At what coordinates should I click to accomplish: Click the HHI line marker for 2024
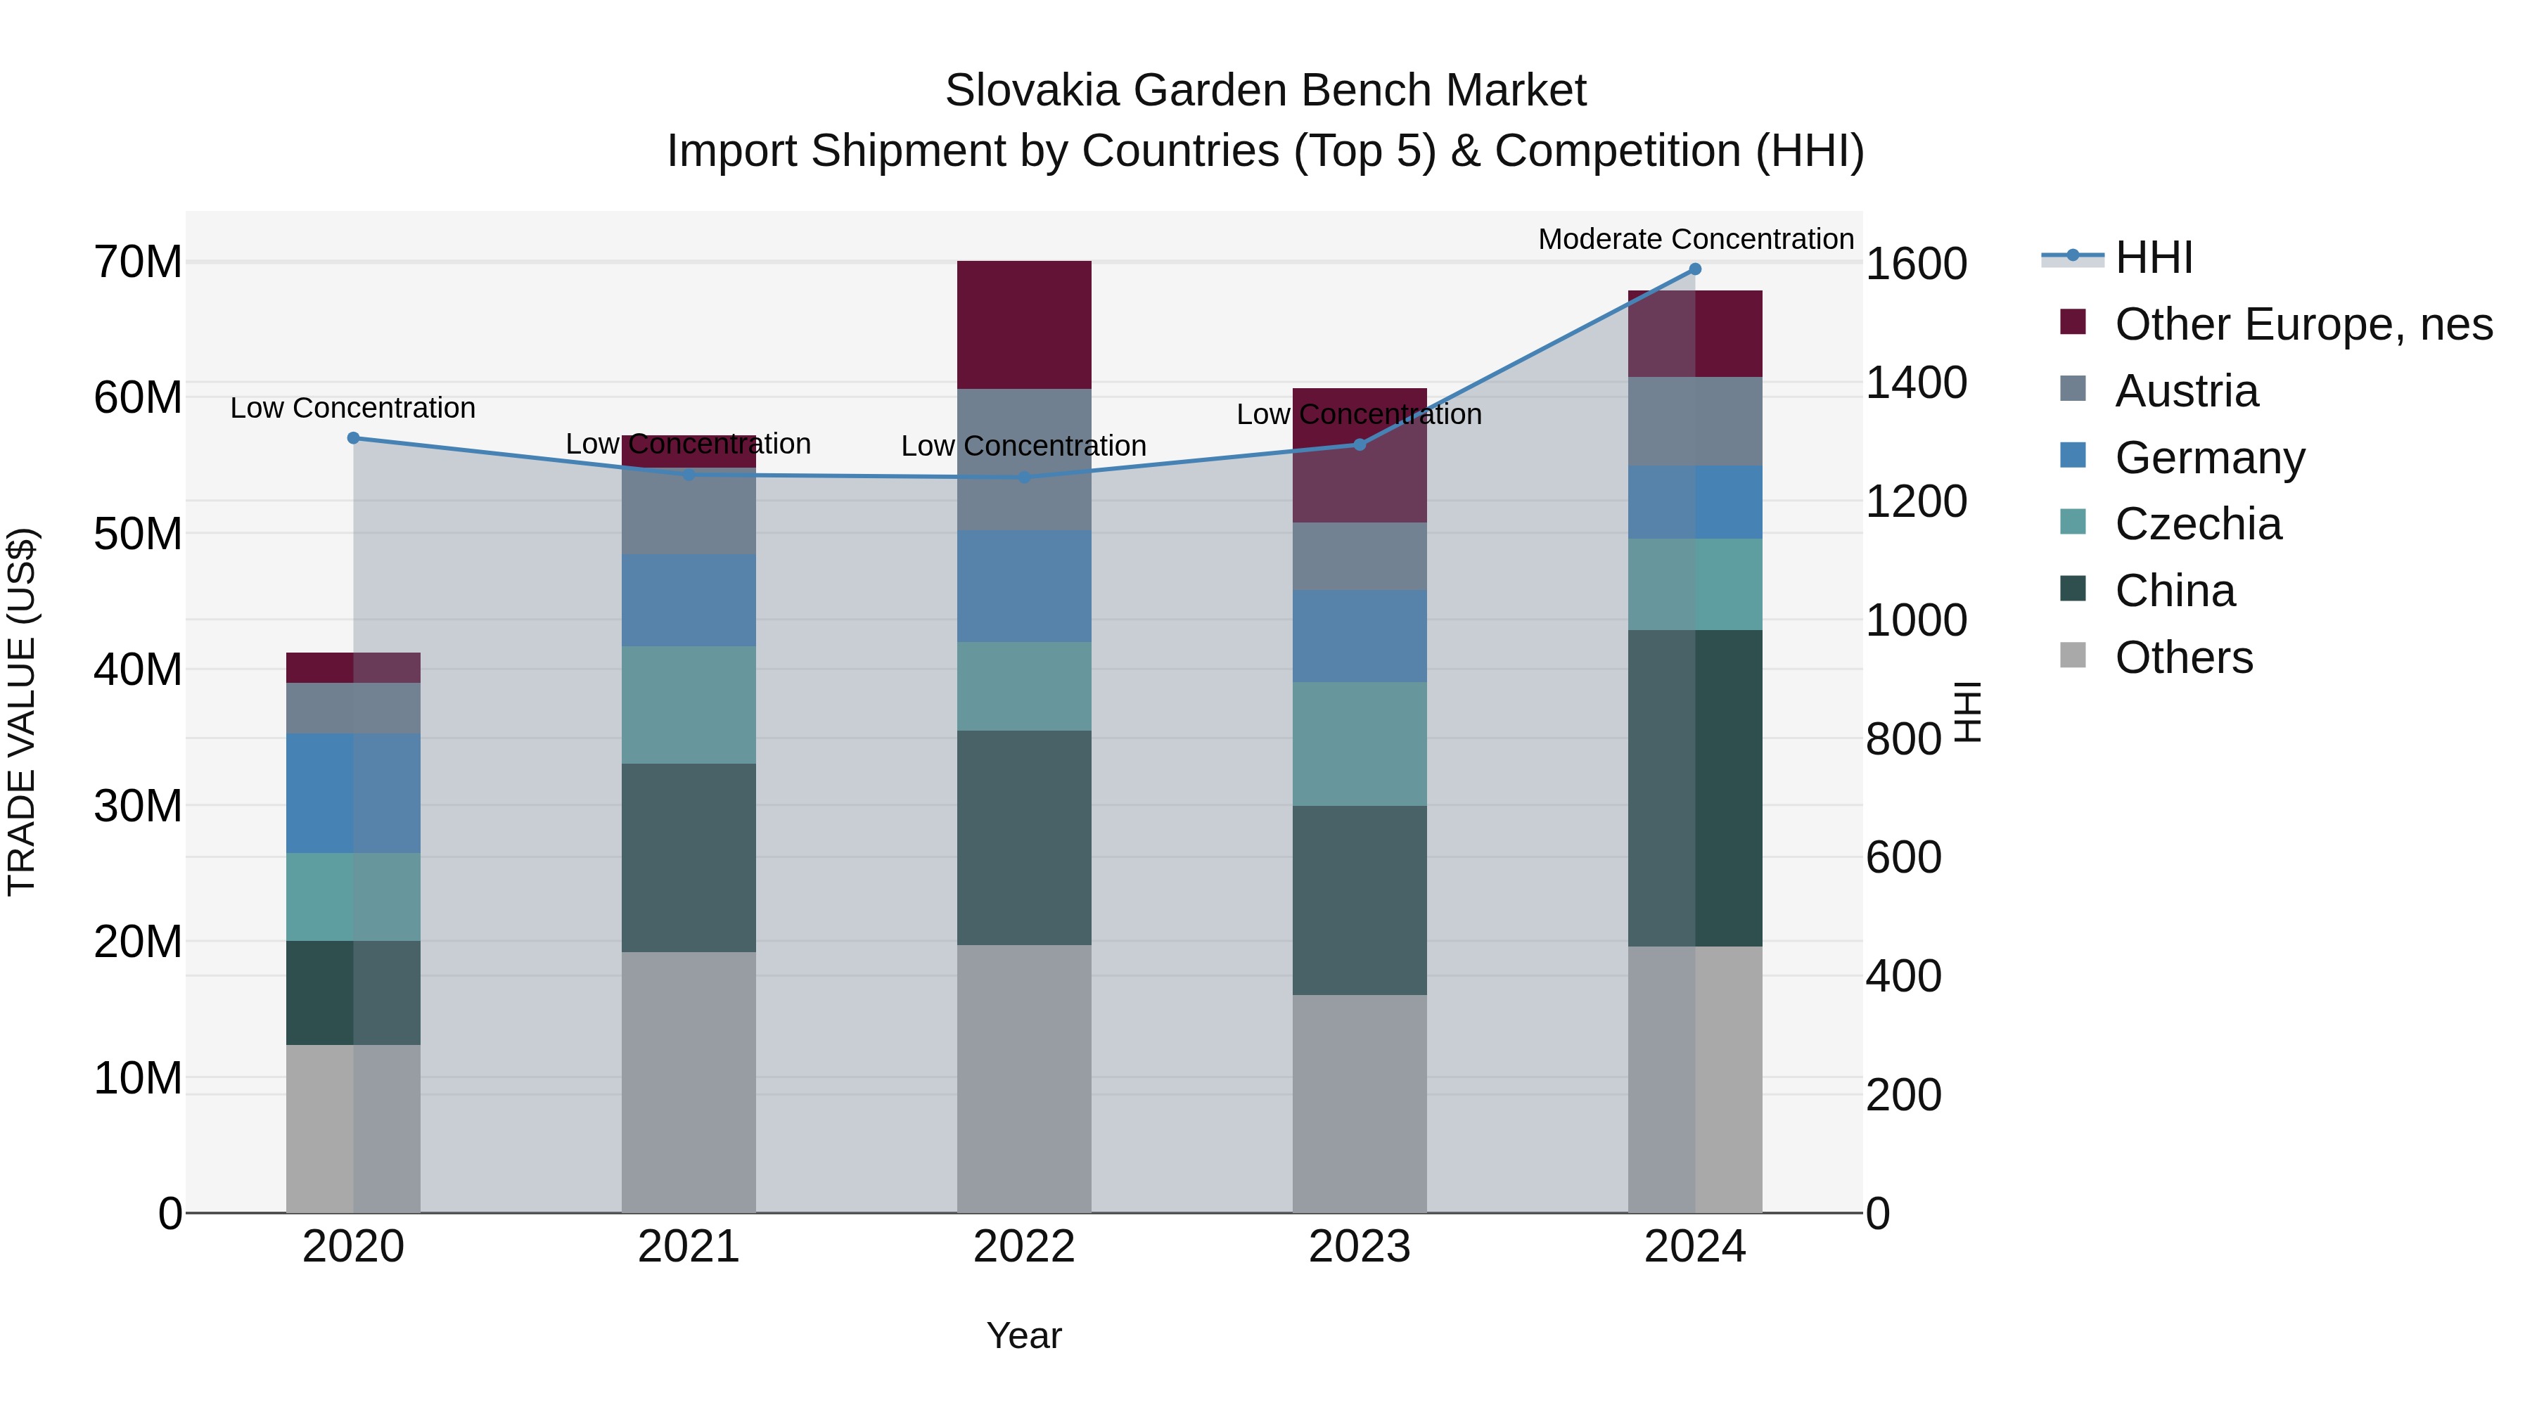tap(1694, 269)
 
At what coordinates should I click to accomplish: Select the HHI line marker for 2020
tap(354, 438)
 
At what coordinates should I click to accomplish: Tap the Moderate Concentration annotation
tap(1696, 239)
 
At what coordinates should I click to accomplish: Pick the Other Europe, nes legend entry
tap(2303, 324)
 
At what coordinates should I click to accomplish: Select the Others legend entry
tap(2183, 658)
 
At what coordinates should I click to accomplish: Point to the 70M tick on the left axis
tap(138, 262)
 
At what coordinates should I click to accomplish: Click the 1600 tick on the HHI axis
tap(1916, 264)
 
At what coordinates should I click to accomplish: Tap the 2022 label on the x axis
tap(1023, 1247)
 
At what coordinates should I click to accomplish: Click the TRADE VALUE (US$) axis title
tap(22, 712)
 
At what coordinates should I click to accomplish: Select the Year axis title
tap(1023, 1335)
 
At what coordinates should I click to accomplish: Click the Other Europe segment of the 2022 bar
tap(1023, 324)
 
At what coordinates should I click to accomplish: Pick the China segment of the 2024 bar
tap(1694, 788)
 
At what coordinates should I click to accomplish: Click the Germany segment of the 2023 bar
tap(1360, 636)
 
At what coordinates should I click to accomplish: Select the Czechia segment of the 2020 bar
tap(353, 897)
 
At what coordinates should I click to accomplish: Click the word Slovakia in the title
tap(1032, 91)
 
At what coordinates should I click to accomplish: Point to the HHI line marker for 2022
tap(1023, 477)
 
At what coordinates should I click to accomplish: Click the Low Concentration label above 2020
tap(353, 408)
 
